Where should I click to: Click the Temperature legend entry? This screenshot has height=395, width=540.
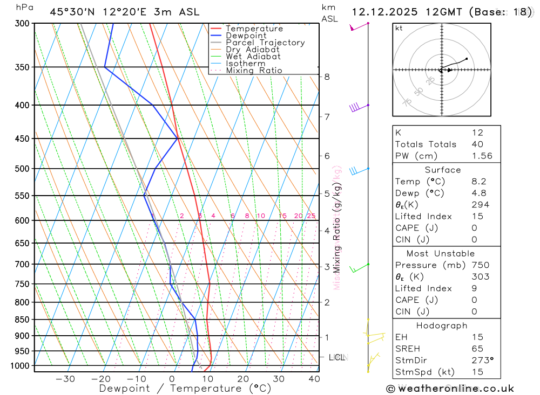(x=254, y=29)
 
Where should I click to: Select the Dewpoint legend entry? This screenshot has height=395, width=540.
(x=246, y=36)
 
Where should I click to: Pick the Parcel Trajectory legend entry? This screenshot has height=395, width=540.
(x=265, y=43)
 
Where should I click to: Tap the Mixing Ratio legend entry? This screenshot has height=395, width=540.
(x=254, y=71)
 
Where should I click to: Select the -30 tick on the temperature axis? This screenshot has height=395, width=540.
(x=65, y=379)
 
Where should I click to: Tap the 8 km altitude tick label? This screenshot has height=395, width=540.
(x=327, y=77)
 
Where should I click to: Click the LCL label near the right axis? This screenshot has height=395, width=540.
(x=337, y=357)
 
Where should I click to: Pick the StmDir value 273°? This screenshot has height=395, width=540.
(x=482, y=361)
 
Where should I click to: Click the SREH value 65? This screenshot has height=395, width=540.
(x=477, y=349)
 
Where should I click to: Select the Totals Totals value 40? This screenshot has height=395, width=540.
(x=477, y=144)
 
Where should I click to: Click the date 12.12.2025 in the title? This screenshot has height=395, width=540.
(x=384, y=12)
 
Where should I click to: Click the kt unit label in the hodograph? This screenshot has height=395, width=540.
(x=399, y=29)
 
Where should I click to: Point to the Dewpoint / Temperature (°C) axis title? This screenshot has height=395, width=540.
(x=185, y=389)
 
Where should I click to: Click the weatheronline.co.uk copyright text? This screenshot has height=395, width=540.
(x=450, y=389)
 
